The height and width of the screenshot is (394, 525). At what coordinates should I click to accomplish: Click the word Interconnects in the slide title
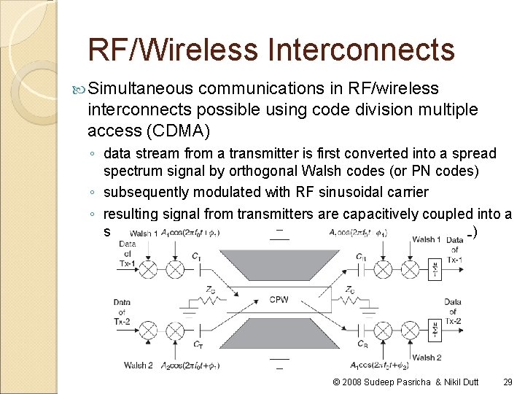361,50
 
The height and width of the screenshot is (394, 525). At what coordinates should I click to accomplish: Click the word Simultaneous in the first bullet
141,89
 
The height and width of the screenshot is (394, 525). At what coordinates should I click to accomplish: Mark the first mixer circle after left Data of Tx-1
148,269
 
